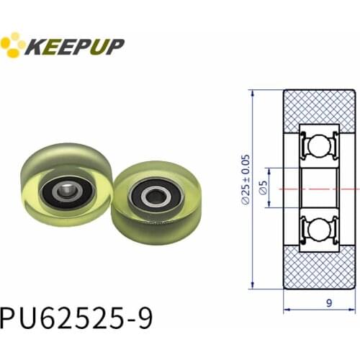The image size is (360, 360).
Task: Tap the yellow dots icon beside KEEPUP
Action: tap(12, 45)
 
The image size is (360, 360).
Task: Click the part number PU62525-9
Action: tap(76, 316)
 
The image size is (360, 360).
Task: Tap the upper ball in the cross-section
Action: tap(315, 147)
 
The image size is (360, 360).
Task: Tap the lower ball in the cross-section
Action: tap(315, 230)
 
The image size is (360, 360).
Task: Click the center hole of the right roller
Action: tap(153, 196)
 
